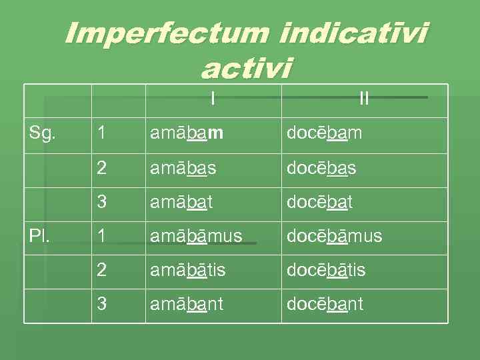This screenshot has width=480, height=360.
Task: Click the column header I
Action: pos(212,99)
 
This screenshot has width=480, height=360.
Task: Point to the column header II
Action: pos(363,99)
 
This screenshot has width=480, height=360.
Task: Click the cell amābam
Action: pos(187,133)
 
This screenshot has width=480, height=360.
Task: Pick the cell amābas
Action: pos(183,168)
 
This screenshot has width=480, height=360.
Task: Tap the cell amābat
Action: pos(181,202)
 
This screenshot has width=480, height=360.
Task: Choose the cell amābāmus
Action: pos(196,235)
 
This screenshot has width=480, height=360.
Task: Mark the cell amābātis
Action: pos(188,270)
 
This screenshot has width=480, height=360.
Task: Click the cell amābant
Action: pos(187,304)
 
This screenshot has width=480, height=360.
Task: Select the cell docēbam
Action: pos(324,133)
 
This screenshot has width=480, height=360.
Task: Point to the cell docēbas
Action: pos(321,168)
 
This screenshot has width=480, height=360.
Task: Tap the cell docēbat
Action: pos(319,202)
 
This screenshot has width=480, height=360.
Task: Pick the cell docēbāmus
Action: pos(334,235)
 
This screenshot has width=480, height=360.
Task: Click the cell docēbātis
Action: pos(326,270)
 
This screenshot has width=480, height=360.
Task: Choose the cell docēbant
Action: pos(325,304)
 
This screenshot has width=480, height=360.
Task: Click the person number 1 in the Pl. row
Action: pos(101,235)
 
